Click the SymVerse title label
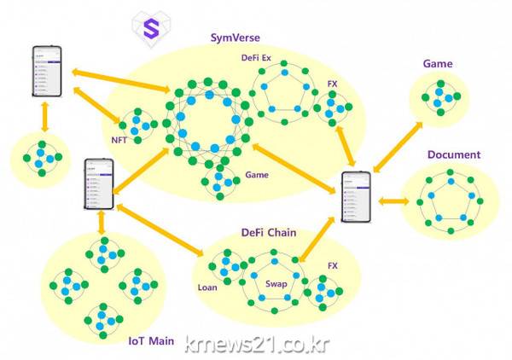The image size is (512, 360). click(x=236, y=38)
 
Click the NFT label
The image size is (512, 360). click(x=119, y=139)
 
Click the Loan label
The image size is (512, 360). click(x=207, y=287)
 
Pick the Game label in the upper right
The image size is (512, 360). click(x=437, y=64)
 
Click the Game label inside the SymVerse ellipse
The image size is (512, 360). click(x=257, y=175)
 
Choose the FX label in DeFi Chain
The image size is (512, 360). click(x=332, y=266)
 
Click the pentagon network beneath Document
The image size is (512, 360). click(x=448, y=202)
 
